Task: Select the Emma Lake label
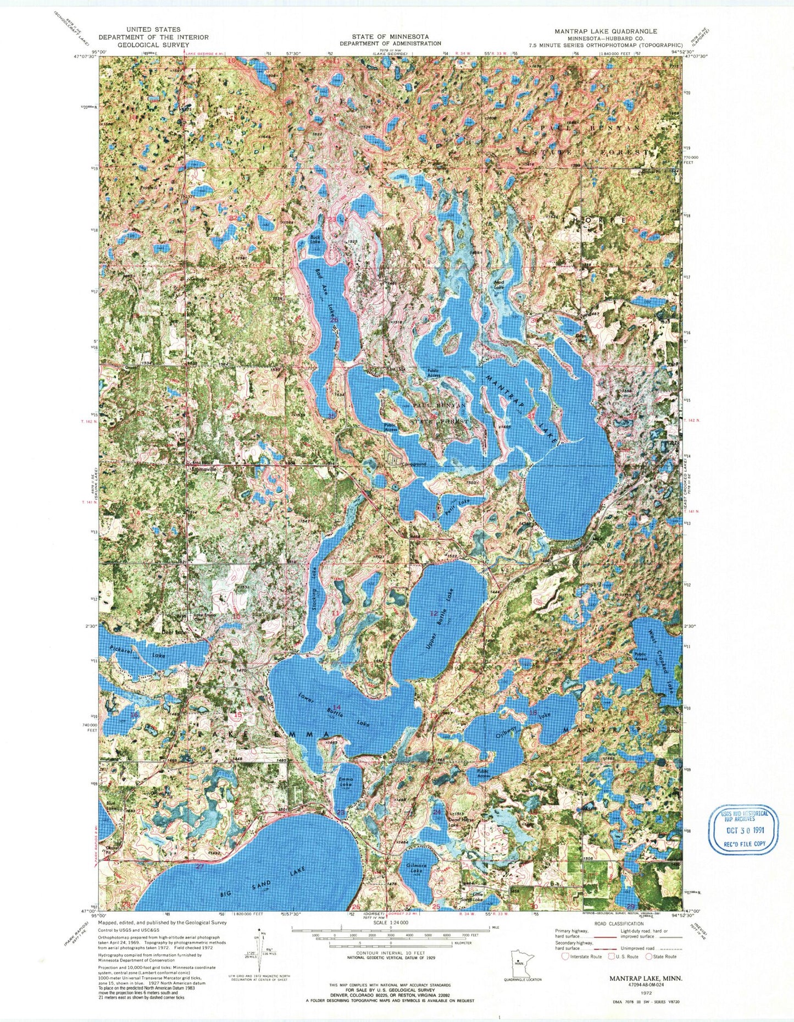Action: [x=346, y=782]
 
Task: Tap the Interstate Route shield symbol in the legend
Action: [x=565, y=956]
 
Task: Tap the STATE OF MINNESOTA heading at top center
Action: [x=390, y=36]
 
